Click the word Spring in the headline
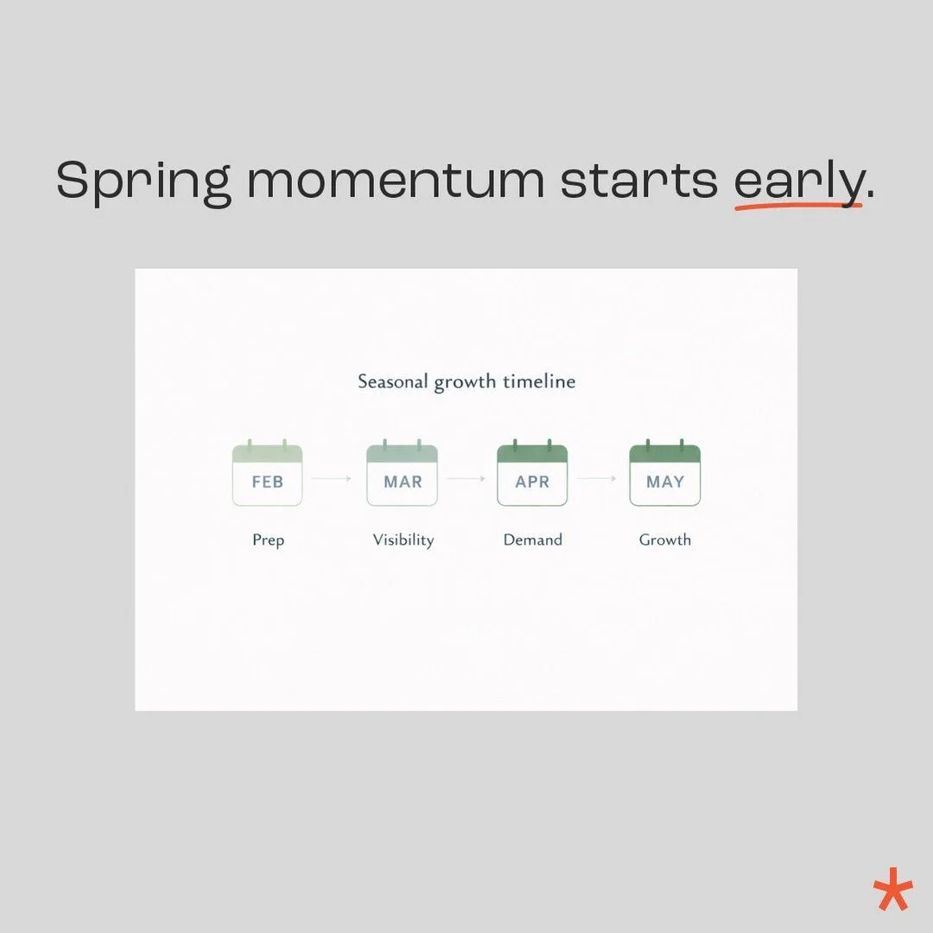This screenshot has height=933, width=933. pos(143,182)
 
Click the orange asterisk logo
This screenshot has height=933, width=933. pos(892,883)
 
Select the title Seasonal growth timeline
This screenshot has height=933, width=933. pos(466,381)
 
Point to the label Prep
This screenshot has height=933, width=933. pos(268,540)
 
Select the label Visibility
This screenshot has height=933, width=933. pos(403,540)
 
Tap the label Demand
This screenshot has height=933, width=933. pos(532,540)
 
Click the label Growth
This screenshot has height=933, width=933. pos(664,540)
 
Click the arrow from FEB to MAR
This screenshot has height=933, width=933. pos(333,477)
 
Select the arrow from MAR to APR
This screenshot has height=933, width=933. pos(466,477)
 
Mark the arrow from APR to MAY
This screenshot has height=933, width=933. pos(598,477)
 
